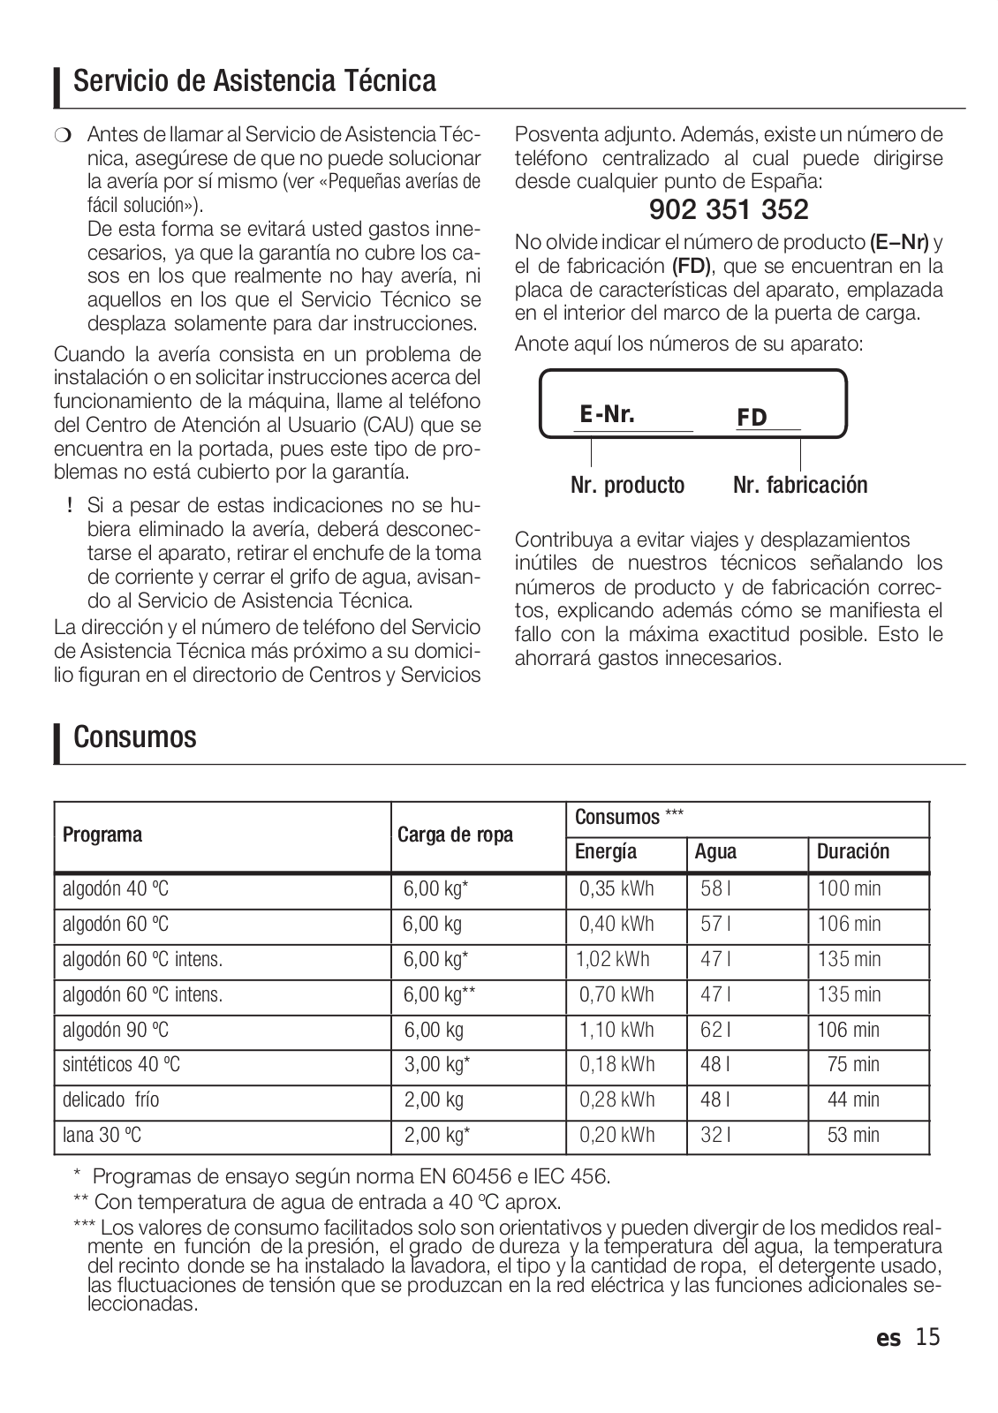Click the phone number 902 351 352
(729, 210)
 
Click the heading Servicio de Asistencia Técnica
(254, 81)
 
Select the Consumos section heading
(135, 737)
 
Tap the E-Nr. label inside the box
(608, 414)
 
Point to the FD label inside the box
(752, 418)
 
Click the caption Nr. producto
(627, 485)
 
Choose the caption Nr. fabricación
(800, 485)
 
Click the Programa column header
(102, 835)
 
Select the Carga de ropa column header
(455, 835)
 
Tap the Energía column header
(606, 852)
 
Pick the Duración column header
(853, 852)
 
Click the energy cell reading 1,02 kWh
(613, 959)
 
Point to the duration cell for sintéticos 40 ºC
(853, 1065)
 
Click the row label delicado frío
(111, 1100)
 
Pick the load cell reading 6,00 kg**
(440, 994)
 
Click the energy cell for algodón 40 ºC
(616, 888)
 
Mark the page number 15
(928, 1338)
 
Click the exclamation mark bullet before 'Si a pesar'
(69, 507)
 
